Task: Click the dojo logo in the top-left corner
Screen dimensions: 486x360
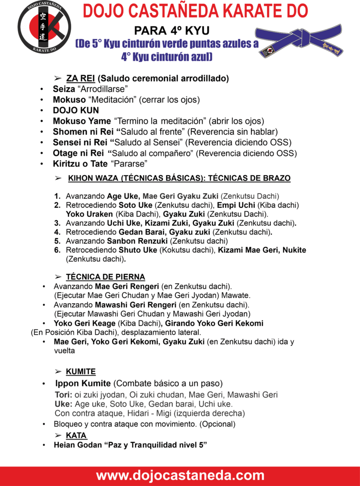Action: click(44, 27)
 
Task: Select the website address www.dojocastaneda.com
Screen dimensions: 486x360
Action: click(180, 476)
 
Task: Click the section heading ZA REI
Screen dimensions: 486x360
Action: click(77, 78)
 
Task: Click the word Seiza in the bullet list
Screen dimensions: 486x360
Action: click(64, 89)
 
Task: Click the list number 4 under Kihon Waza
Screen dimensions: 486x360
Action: click(57, 232)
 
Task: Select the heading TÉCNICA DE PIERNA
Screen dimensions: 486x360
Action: click(105, 277)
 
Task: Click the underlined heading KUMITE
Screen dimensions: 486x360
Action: click(81, 372)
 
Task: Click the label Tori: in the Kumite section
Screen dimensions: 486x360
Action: click(64, 395)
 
